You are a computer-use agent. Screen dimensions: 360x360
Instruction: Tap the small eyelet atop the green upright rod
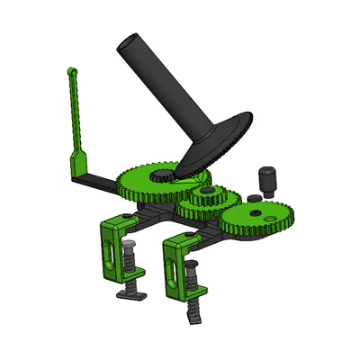tap(71, 69)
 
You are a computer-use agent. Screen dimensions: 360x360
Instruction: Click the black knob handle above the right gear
tap(266, 177)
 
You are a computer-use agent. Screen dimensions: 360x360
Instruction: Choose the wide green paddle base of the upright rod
tap(78, 164)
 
